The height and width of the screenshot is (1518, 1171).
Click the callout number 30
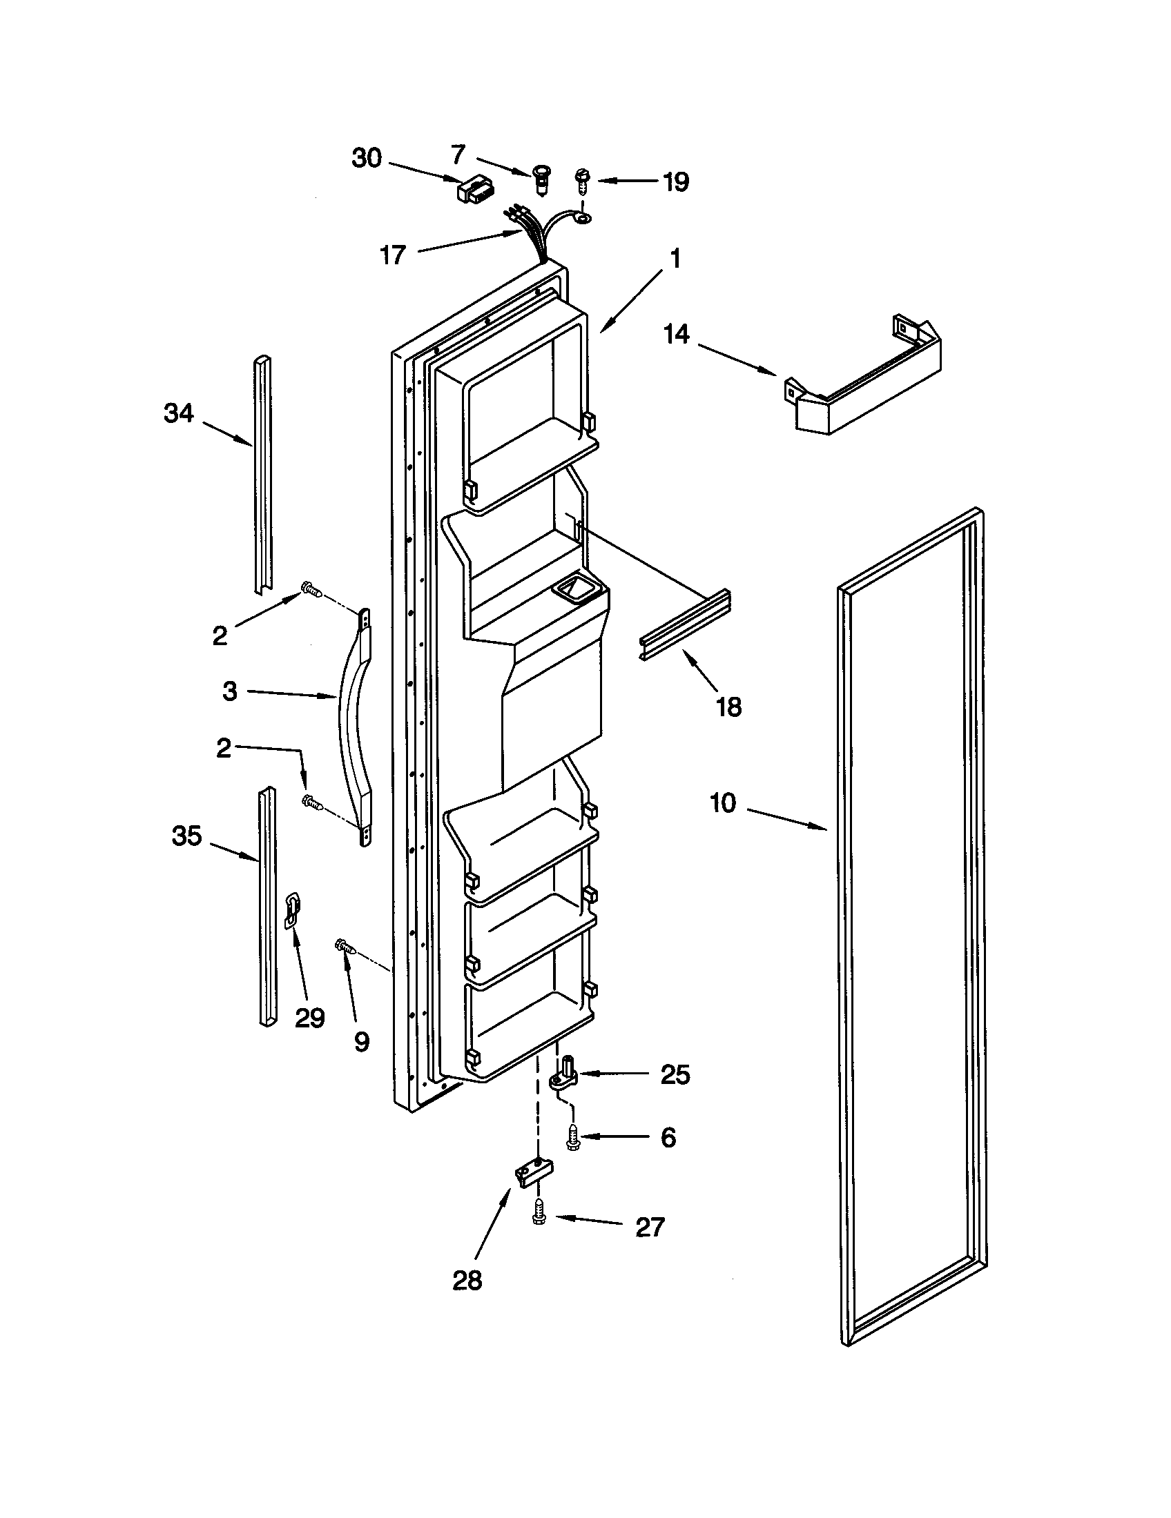[x=367, y=159]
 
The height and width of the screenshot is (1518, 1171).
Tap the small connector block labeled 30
[x=472, y=190]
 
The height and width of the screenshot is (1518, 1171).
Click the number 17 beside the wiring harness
[x=393, y=255]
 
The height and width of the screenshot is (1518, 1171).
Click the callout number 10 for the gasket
[x=722, y=803]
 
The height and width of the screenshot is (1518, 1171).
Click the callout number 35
[x=186, y=836]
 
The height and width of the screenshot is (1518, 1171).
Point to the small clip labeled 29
[x=293, y=911]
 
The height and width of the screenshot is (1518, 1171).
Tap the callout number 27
[x=650, y=1228]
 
